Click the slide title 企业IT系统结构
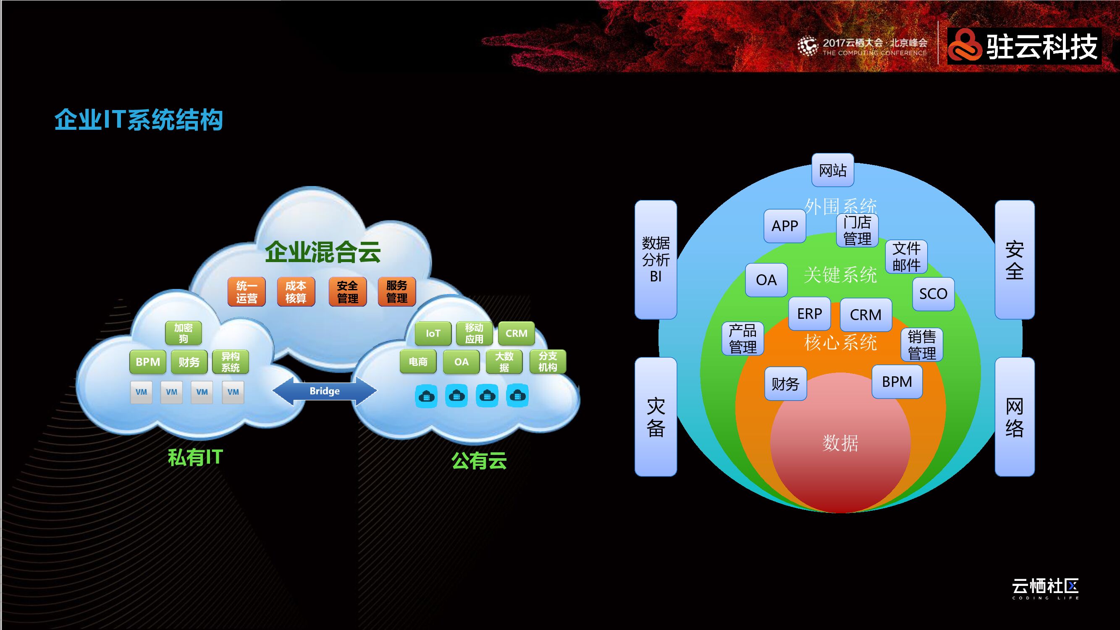139,120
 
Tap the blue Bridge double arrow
324,391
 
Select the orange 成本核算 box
296,292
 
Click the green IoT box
433,333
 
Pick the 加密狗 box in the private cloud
183,333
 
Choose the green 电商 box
418,362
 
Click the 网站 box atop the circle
833,170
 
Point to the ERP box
809,313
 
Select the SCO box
933,294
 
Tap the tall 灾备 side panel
656,417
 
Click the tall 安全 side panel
1014,260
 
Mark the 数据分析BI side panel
656,260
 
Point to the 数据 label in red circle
840,443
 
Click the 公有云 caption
479,460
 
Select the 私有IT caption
195,457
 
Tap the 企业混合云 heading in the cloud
323,252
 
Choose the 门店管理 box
857,231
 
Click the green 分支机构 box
547,362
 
